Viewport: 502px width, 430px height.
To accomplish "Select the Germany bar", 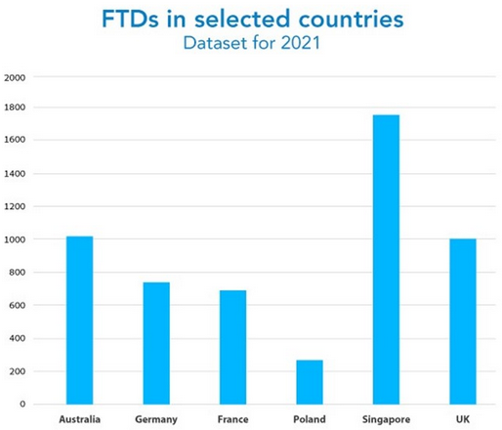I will click(x=156, y=343).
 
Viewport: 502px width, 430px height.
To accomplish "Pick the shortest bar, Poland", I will click(x=310, y=381).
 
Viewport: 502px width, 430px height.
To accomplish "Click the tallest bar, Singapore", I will click(x=386, y=259).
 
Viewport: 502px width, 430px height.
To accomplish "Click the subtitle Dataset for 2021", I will click(x=251, y=46).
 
